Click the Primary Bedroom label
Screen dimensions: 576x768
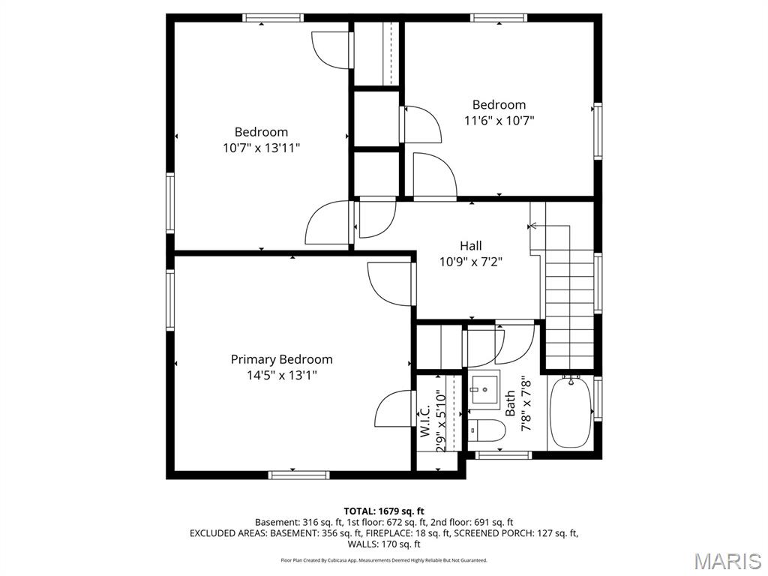click(x=281, y=359)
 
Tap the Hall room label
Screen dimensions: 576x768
click(x=471, y=245)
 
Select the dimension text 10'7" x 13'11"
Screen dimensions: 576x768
click(x=261, y=148)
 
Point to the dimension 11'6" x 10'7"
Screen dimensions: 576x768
click(x=499, y=120)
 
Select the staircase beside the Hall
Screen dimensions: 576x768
click(x=568, y=300)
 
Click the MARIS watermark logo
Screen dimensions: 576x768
click(x=727, y=560)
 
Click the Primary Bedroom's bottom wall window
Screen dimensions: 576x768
click(x=298, y=474)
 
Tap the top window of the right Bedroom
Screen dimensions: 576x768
click(x=499, y=18)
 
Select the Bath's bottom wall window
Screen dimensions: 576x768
click(x=504, y=454)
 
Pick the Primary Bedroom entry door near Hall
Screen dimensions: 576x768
click(x=391, y=283)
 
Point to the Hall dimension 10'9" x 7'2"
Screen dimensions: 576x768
click(x=470, y=262)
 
